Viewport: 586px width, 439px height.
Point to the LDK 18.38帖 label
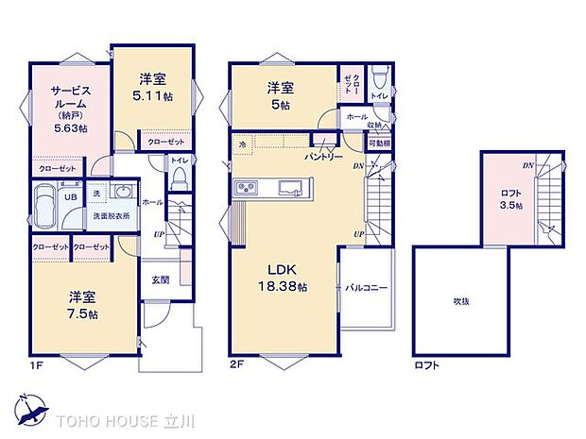(x=282, y=279)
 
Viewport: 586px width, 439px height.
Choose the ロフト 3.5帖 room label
(x=511, y=199)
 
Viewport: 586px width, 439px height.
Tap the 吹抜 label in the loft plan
(x=460, y=301)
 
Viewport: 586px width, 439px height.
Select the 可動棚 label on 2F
(x=377, y=144)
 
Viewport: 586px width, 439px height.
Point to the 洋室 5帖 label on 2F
(x=282, y=95)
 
